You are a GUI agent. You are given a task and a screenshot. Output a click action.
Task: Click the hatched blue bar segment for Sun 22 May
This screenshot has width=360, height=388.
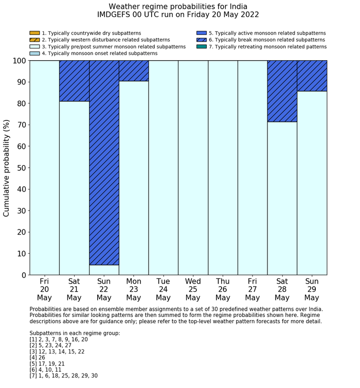(104, 163)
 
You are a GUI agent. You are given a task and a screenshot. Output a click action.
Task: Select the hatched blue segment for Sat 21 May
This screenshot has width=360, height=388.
(75, 81)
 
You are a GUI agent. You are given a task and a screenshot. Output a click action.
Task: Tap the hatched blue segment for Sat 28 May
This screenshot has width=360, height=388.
(282, 91)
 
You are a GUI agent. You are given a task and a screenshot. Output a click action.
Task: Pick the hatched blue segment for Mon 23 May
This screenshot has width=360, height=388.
(134, 70)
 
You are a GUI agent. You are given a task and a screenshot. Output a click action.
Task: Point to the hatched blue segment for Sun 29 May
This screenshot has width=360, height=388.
(312, 76)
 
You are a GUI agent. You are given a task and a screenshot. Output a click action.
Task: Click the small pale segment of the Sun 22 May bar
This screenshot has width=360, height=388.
(104, 270)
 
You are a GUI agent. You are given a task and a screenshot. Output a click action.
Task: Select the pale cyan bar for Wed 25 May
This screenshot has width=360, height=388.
(193, 168)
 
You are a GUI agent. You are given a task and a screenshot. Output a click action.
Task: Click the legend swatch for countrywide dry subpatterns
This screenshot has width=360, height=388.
(34, 33)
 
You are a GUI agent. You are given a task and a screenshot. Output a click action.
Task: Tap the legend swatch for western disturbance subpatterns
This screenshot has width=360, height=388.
(34, 40)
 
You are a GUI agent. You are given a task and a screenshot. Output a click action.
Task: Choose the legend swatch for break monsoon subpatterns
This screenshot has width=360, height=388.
(202, 40)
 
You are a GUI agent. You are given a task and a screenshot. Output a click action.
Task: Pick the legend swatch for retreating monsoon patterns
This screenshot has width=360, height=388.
(202, 46)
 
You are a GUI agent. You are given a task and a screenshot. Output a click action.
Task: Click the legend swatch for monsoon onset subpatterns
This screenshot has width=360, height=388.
(34, 53)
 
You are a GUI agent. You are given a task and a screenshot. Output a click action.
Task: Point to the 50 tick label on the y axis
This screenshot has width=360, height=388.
(20, 168)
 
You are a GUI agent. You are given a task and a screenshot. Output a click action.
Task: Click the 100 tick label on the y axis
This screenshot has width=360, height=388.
(18, 61)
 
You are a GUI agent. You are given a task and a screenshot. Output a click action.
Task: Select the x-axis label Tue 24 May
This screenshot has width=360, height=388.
(164, 290)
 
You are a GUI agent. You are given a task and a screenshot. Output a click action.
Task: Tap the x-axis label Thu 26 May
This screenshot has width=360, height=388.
(223, 290)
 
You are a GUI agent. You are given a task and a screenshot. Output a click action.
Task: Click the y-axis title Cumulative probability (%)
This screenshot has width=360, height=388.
(7, 168)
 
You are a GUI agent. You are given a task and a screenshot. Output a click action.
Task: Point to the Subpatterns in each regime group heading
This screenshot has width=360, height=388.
(75, 333)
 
